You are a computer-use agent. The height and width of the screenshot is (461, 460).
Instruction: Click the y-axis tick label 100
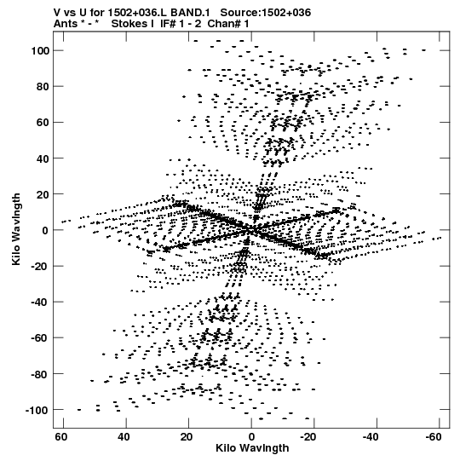click(x=40, y=51)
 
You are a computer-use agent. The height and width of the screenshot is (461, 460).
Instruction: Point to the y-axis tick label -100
click(x=37, y=410)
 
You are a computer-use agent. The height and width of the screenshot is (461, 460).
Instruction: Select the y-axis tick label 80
click(x=43, y=87)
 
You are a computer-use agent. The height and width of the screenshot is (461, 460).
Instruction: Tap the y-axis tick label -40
click(x=39, y=303)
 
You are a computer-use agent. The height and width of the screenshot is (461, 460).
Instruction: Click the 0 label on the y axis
click(x=45, y=230)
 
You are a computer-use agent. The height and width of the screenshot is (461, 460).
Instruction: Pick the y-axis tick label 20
click(x=43, y=194)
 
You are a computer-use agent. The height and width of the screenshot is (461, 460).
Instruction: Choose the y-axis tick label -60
click(x=39, y=338)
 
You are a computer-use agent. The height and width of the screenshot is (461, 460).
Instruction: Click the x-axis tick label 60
click(x=61, y=437)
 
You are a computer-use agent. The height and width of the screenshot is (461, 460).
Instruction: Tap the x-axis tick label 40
click(x=124, y=437)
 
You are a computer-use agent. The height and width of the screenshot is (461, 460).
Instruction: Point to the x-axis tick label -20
click(x=308, y=437)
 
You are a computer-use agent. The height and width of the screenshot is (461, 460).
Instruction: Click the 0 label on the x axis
click(x=251, y=437)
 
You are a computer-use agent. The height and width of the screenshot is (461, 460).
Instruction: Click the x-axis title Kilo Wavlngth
click(x=252, y=448)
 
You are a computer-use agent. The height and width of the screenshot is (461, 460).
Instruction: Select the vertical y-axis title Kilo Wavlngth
click(x=16, y=229)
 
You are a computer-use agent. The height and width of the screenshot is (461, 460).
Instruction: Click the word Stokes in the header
click(x=129, y=24)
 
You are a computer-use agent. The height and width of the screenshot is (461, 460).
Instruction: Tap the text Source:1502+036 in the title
click(x=266, y=13)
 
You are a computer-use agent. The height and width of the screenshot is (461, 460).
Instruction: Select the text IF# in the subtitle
click(x=169, y=24)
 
